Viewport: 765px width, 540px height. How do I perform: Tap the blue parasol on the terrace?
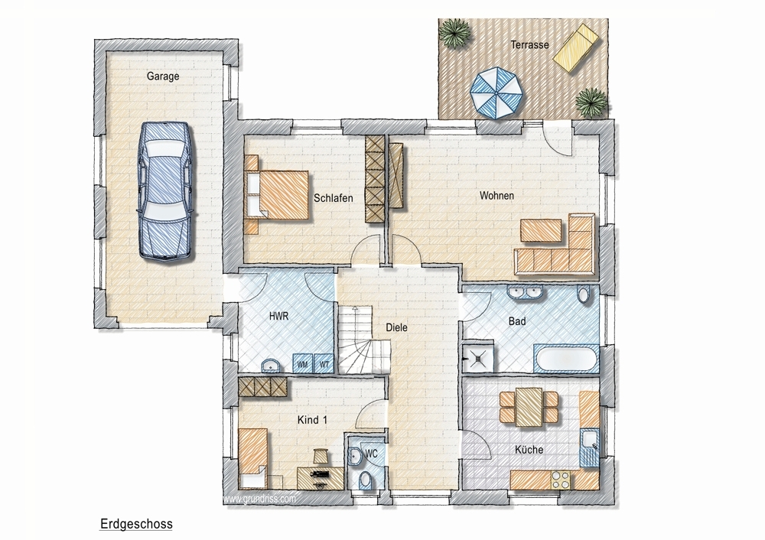(x=496, y=93)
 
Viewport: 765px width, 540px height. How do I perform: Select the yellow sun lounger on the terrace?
(x=576, y=48)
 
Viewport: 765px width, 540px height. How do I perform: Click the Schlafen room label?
(x=334, y=198)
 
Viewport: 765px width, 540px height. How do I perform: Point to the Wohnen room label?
(x=496, y=196)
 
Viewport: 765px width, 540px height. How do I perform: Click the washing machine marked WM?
(x=302, y=364)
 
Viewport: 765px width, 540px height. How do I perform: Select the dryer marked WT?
(x=324, y=364)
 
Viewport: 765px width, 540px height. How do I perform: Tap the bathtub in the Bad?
(x=566, y=359)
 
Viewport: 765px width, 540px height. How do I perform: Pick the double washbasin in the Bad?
(x=525, y=292)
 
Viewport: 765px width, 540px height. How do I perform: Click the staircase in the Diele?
(x=364, y=340)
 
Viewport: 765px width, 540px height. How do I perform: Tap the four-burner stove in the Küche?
(x=561, y=480)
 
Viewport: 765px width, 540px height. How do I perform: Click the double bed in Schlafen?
(x=277, y=194)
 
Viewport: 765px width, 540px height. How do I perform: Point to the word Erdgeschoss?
(x=136, y=524)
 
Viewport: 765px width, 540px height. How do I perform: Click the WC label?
(x=371, y=454)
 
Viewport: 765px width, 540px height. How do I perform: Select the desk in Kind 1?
(x=321, y=479)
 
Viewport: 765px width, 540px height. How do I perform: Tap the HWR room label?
(x=279, y=316)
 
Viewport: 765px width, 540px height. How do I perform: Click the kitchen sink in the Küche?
(x=589, y=447)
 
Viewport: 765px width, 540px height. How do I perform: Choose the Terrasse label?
(x=530, y=45)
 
